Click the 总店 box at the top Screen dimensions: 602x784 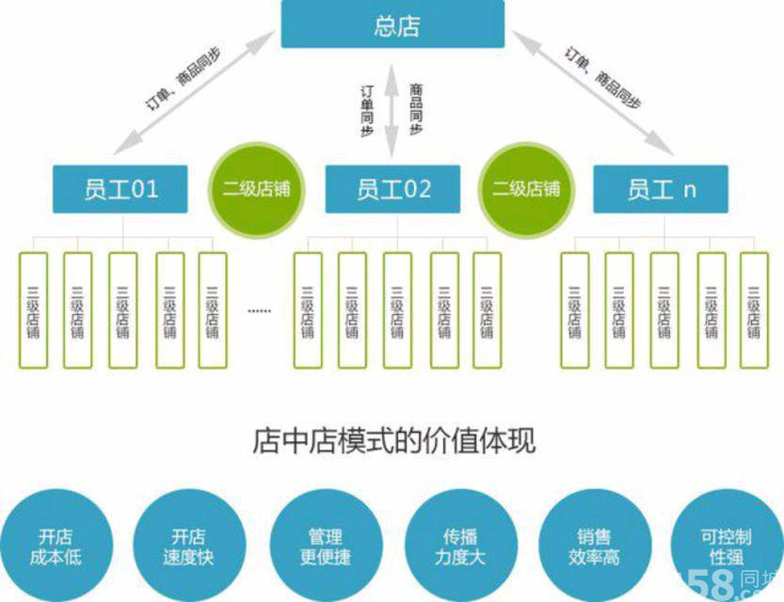click(392, 24)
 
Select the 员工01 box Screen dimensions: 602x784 click(120, 189)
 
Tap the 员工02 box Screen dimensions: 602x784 click(392, 189)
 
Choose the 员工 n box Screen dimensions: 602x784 click(661, 189)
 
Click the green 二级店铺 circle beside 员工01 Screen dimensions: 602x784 click(256, 188)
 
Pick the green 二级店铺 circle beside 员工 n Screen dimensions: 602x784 click(526, 188)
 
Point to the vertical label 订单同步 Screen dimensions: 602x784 click(368, 111)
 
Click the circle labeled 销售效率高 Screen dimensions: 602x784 click(594, 547)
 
